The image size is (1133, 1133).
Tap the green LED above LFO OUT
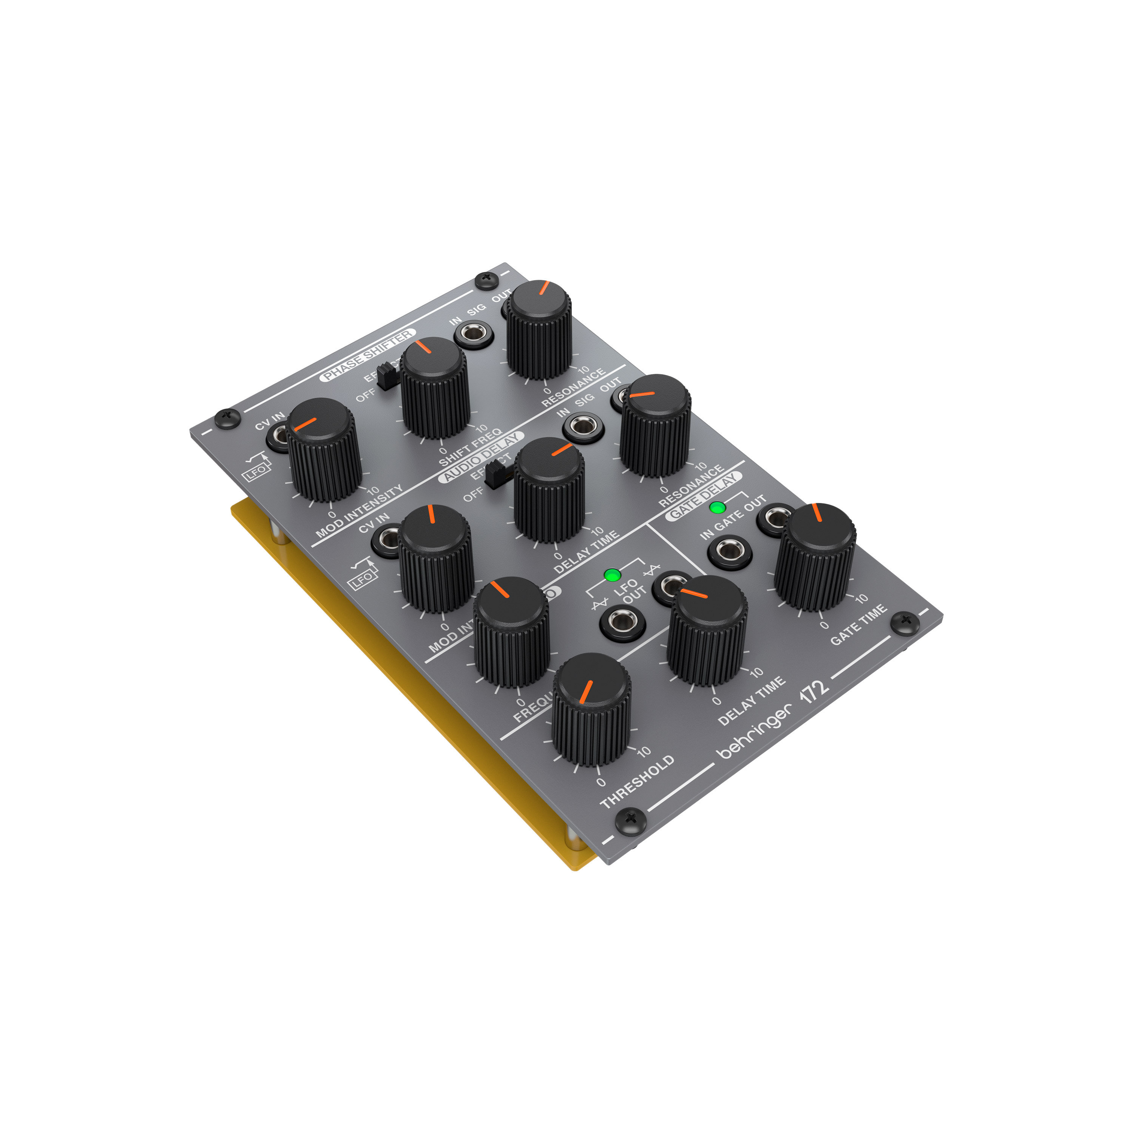612,574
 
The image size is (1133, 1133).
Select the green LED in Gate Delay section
717,507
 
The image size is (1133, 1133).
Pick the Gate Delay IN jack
729,551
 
